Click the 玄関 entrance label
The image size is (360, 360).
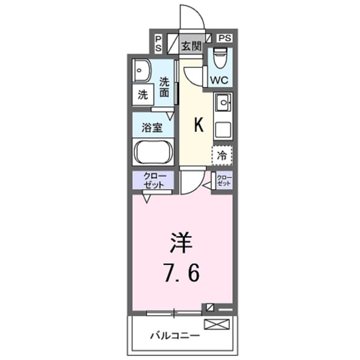click(191, 46)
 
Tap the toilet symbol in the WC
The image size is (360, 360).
click(221, 57)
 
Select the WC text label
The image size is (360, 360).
click(219, 80)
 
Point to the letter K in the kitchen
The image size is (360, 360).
click(198, 125)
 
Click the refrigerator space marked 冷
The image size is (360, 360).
click(222, 155)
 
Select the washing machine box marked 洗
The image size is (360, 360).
click(143, 94)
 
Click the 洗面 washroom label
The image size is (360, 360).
click(165, 87)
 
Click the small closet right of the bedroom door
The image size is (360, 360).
click(224, 181)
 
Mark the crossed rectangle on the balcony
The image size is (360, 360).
click(217, 324)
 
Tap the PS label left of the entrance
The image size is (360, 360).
click(159, 43)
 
